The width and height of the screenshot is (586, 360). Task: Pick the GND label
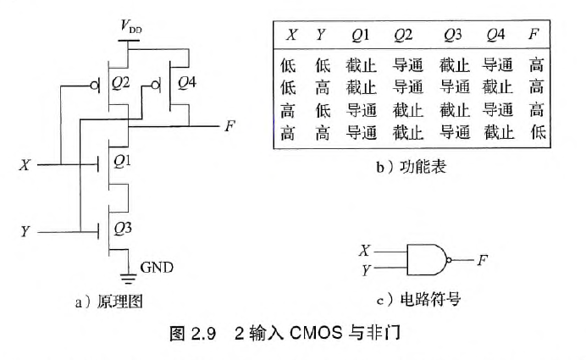tap(157, 267)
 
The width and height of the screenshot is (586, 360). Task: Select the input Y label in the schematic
tap(25, 231)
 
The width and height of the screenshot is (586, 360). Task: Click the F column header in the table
tap(532, 36)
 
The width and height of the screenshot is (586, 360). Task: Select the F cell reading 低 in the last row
tap(534, 132)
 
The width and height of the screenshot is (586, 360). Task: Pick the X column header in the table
tap(291, 36)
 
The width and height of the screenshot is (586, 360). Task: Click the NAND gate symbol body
tap(427, 260)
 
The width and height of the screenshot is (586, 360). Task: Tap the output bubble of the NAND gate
tap(450, 260)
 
